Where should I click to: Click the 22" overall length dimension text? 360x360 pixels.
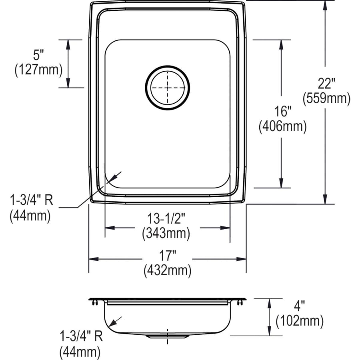(x=326, y=84)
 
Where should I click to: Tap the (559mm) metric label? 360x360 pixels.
(x=326, y=98)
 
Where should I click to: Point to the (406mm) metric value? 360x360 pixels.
(x=282, y=127)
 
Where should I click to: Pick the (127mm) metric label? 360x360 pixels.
(x=38, y=70)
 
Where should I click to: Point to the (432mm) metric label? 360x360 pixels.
(x=167, y=271)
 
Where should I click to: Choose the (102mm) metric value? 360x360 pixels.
(x=299, y=320)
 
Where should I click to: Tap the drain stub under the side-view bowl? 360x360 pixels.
(x=167, y=337)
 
